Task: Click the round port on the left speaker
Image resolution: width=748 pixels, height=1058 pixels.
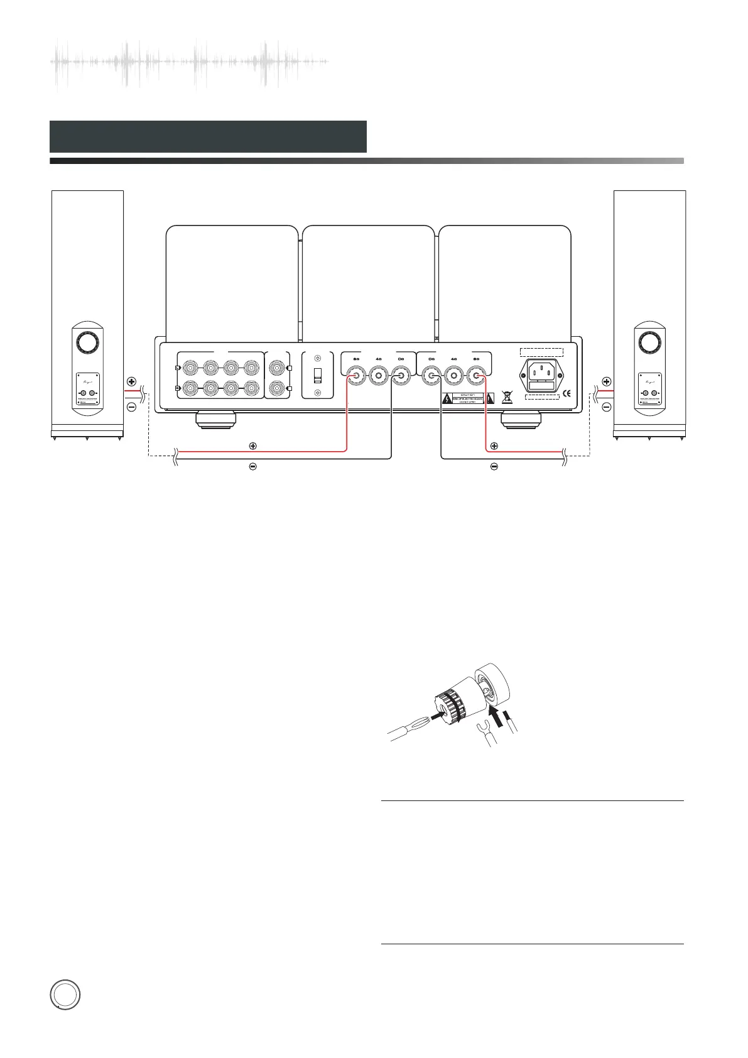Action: pyautogui.click(x=87, y=342)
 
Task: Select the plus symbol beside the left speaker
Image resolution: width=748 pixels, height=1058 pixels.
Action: pyautogui.click(x=131, y=381)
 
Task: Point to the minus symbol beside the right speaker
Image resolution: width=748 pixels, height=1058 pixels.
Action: pyautogui.click(x=607, y=407)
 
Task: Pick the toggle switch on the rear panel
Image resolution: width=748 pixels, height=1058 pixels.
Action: pyautogui.click(x=317, y=376)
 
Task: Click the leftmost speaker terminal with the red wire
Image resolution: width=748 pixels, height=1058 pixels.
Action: pyautogui.click(x=356, y=376)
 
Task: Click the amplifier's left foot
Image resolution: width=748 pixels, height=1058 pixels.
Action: pyautogui.click(x=215, y=418)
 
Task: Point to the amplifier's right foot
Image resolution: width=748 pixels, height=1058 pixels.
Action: pyautogui.click(x=519, y=418)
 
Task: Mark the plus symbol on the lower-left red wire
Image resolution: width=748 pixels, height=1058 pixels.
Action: pyautogui.click(x=252, y=445)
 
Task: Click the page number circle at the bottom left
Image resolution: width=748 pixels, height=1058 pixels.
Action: pyautogui.click(x=65, y=996)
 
